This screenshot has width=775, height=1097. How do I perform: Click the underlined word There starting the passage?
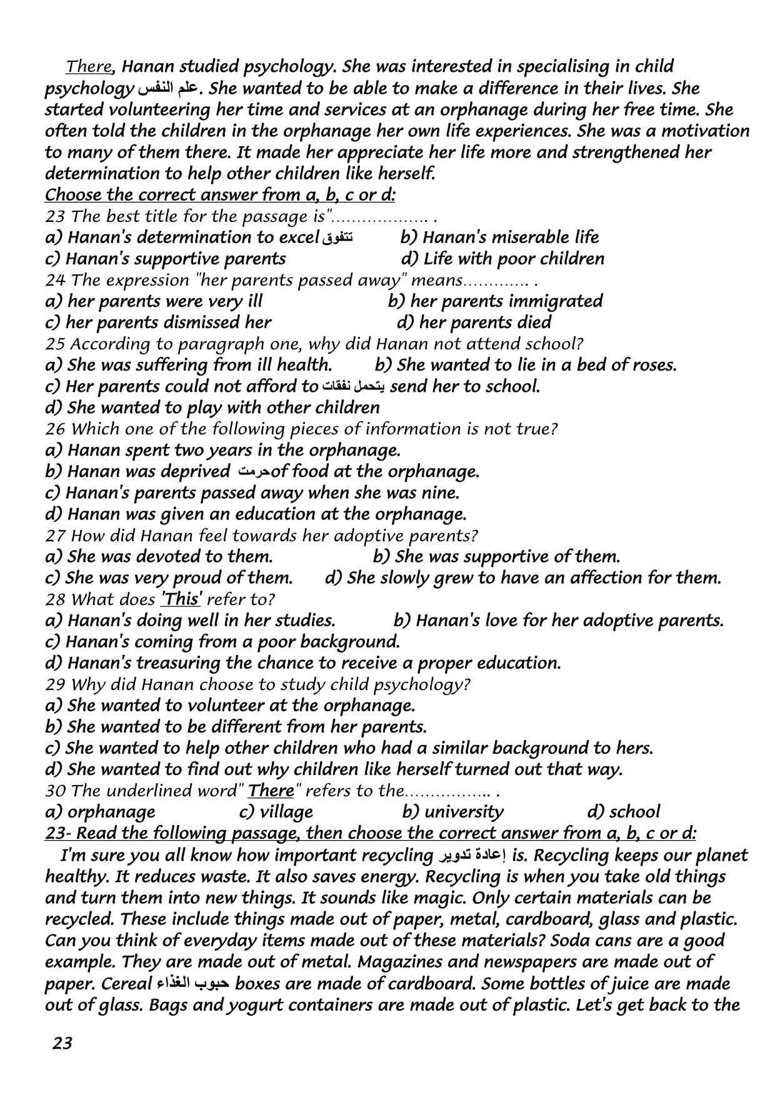[x=89, y=66]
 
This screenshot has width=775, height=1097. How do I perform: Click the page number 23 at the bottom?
[x=62, y=1043]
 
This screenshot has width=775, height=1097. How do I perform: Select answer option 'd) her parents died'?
[x=474, y=323]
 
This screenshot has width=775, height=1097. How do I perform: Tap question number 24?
[x=54, y=280]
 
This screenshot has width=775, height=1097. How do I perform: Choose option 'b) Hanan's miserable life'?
[x=499, y=238]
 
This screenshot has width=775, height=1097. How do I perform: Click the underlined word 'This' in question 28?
[x=181, y=599]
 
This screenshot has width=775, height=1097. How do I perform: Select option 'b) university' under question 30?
[x=452, y=812]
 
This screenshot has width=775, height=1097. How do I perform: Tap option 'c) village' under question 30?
[x=276, y=812]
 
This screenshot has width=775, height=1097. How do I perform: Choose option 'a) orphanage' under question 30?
[x=101, y=812]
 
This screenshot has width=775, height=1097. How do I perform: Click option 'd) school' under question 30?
[x=623, y=812]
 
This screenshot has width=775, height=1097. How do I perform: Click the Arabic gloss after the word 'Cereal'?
[x=192, y=983]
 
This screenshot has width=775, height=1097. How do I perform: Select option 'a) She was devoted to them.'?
[x=159, y=556]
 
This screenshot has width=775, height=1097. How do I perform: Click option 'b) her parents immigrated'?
[x=495, y=301]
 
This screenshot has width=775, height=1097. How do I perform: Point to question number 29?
[x=54, y=684]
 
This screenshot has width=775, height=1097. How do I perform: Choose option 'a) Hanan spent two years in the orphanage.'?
[x=223, y=450]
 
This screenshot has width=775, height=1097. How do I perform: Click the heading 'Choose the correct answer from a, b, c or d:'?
[x=220, y=195]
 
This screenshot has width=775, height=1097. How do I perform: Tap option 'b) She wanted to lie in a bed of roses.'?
[x=526, y=365]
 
